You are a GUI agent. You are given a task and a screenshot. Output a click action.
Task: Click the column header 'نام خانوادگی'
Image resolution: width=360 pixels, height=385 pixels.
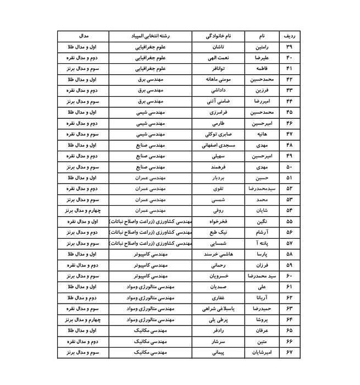click(218, 36)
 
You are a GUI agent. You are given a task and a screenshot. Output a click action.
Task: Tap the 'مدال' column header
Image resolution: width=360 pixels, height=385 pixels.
click(82, 36)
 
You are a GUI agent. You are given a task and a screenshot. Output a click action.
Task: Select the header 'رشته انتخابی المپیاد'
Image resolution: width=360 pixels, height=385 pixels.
click(149, 36)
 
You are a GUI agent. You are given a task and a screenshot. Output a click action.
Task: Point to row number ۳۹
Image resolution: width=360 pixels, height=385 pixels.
click(289, 47)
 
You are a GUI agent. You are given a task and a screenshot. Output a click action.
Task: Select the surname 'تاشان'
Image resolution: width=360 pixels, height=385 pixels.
click(218, 47)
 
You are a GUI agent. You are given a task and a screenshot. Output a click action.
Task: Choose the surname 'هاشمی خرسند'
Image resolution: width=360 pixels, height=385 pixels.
click(218, 254)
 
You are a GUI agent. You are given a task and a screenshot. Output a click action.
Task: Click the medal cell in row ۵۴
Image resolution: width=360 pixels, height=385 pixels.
click(82, 210)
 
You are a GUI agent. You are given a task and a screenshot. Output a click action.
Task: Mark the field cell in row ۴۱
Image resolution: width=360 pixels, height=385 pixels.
click(149, 69)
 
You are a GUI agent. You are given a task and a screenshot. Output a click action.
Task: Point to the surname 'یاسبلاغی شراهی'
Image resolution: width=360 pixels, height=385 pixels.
click(218, 308)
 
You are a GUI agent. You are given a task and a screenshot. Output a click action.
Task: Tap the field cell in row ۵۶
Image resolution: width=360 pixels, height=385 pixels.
click(149, 232)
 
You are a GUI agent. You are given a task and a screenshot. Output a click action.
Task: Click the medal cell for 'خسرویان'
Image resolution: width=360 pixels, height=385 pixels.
click(82, 276)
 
